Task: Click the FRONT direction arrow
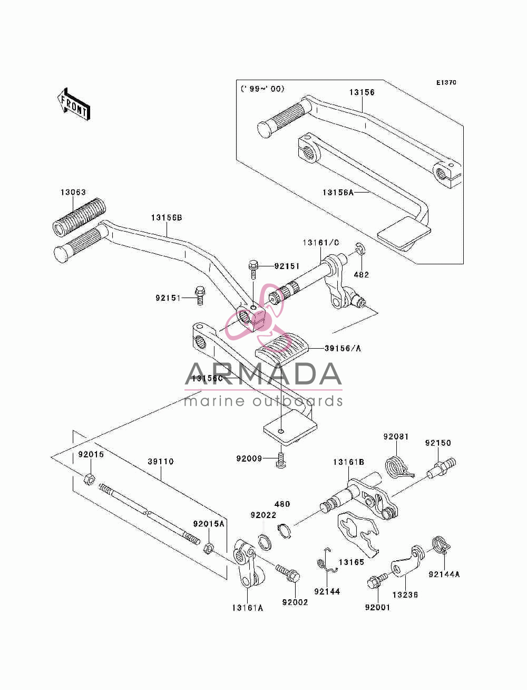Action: click(x=74, y=104)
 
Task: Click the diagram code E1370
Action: click(x=446, y=83)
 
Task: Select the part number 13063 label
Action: click(x=73, y=192)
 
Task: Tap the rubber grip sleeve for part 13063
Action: click(x=79, y=217)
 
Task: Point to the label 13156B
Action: click(x=167, y=218)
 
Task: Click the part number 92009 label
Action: click(x=249, y=458)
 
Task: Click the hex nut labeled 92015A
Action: click(x=208, y=549)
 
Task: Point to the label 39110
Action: click(x=161, y=462)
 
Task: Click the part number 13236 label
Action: click(x=405, y=595)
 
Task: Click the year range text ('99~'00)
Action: click(x=262, y=89)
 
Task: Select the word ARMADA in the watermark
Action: click(x=263, y=374)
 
